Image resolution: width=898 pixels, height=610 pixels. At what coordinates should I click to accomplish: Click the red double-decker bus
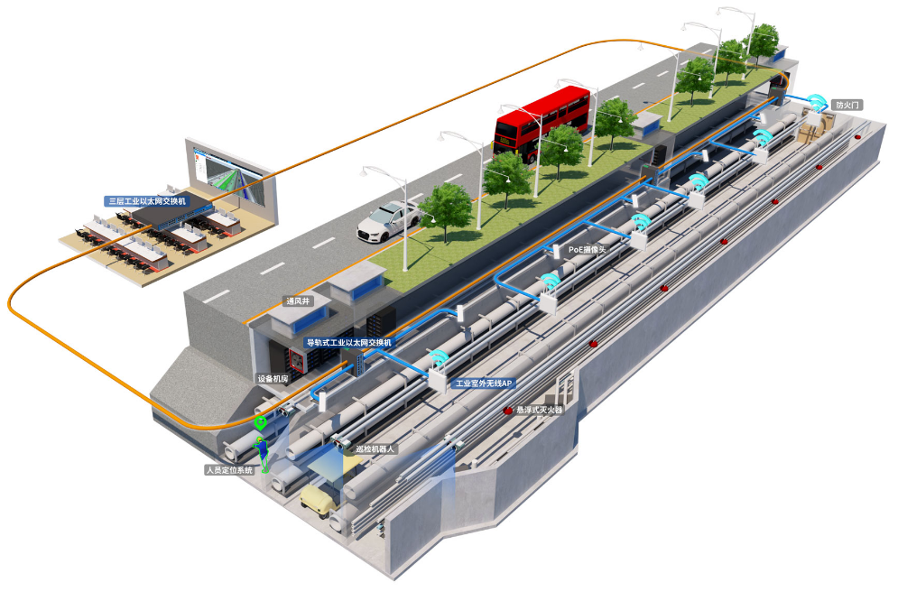tap(542, 124)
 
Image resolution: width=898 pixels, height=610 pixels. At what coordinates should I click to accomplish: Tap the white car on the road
tap(389, 221)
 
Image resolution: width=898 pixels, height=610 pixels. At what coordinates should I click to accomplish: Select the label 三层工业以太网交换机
tap(147, 201)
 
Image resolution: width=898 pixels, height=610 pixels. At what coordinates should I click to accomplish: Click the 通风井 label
tap(298, 300)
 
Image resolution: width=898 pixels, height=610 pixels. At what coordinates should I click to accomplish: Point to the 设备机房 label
tap(273, 379)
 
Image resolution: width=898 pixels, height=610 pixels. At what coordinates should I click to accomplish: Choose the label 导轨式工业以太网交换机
tap(348, 343)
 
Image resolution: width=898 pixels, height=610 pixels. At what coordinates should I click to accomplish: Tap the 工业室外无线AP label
tap(484, 384)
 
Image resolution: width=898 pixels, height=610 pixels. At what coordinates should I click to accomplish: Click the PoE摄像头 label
tap(587, 250)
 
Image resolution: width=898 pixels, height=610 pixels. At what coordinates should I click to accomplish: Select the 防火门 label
tap(847, 105)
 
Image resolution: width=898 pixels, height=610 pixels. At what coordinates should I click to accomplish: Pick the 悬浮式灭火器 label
tap(540, 410)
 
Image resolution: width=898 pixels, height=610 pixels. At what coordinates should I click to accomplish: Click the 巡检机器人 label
tap(375, 449)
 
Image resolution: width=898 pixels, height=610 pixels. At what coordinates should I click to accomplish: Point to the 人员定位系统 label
tap(229, 470)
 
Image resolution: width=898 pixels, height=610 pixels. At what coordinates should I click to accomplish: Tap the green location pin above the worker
tap(261, 423)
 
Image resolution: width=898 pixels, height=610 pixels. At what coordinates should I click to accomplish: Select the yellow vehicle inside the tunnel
tap(318, 501)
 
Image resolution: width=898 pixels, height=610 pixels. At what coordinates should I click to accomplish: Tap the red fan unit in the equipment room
tap(298, 360)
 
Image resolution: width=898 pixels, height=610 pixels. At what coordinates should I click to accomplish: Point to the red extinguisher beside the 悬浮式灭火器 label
tap(507, 411)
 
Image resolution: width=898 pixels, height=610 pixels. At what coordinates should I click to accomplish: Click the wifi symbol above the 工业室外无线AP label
tap(438, 358)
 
